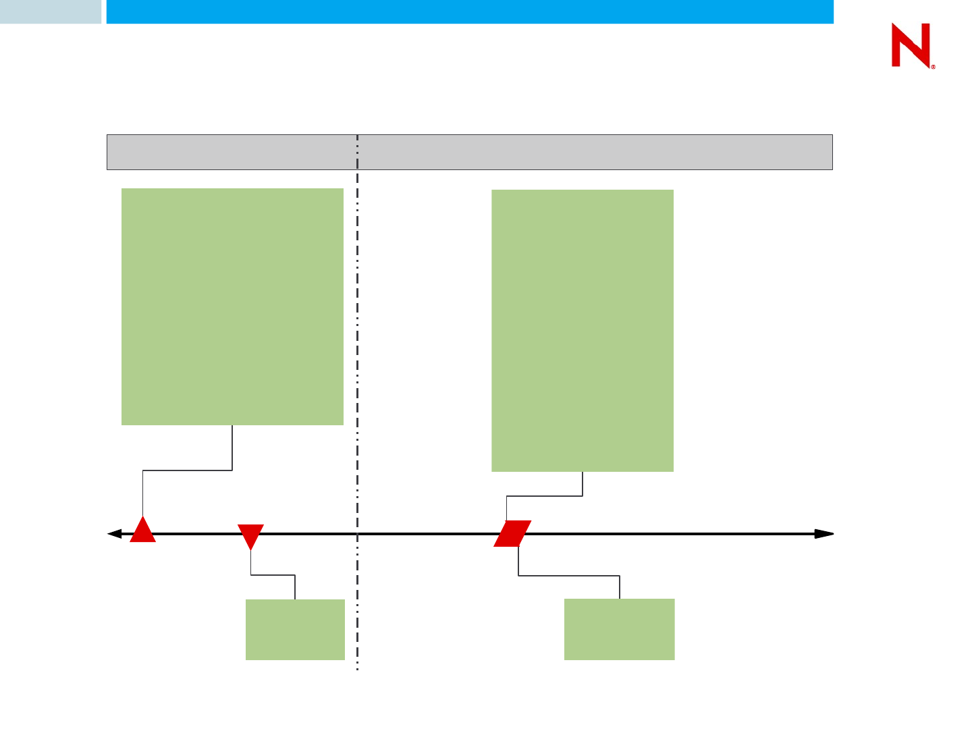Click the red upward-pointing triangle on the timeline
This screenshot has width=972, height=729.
click(x=143, y=532)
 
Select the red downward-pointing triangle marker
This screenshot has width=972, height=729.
click(x=250, y=535)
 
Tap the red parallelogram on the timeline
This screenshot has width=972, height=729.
click(x=512, y=533)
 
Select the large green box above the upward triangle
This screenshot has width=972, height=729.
click(x=232, y=306)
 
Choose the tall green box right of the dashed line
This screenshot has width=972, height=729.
click(x=582, y=330)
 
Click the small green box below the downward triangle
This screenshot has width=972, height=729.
click(x=295, y=629)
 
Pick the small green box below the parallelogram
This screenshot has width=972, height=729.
click(x=619, y=629)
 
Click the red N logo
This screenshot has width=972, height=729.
click(x=911, y=45)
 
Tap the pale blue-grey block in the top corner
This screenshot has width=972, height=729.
click(x=50, y=11)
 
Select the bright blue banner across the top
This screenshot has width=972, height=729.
click(x=470, y=11)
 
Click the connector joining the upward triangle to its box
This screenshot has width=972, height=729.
click(x=187, y=470)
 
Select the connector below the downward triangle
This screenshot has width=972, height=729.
click(x=273, y=575)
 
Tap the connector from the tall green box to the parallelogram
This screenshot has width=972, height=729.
click(x=544, y=497)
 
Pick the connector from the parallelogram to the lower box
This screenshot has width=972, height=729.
click(x=569, y=576)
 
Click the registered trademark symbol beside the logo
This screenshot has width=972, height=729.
click(x=934, y=67)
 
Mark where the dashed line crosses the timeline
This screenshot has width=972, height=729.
click(x=357, y=534)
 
